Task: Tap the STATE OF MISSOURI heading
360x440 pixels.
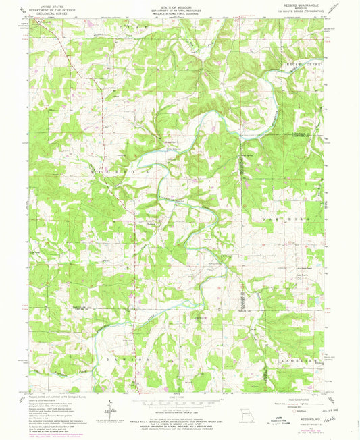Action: pyautogui.click(x=179, y=4)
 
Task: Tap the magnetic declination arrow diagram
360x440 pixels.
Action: pyautogui.click(x=108, y=405)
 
